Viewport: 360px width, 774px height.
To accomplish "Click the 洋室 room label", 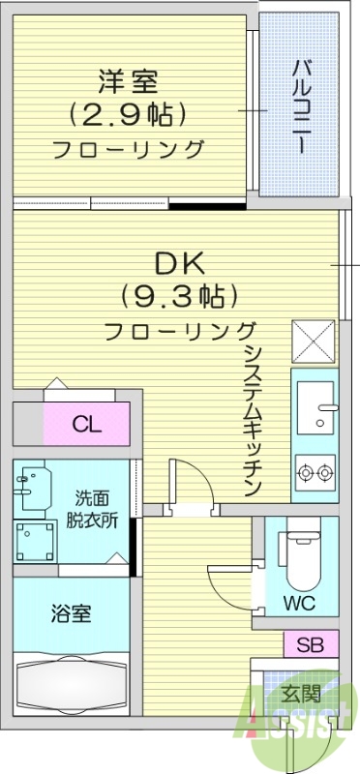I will (127, 79).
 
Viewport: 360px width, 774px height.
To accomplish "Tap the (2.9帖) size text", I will (127, 114).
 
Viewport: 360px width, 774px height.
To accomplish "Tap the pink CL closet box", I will (86, 424).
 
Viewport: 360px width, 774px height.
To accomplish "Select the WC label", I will (298, 601).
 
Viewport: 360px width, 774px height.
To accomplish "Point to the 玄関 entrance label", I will (301, 693).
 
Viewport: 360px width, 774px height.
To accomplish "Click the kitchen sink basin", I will (315, 409).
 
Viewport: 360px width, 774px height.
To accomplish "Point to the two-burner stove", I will (315, 473).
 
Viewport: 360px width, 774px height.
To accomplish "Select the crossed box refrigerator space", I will (315, 341).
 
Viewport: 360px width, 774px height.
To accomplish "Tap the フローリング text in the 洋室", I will (127, 150).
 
